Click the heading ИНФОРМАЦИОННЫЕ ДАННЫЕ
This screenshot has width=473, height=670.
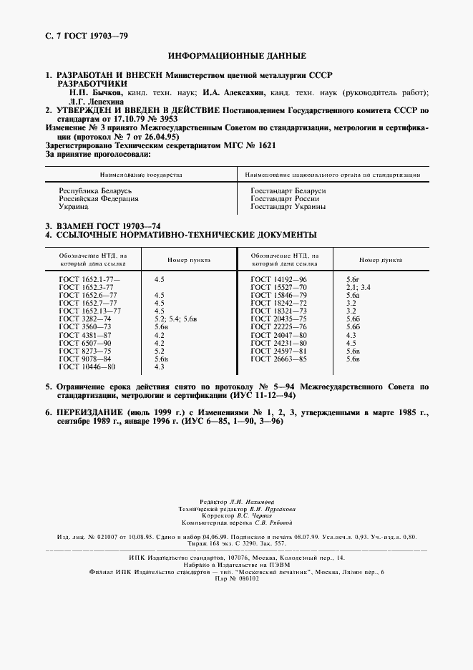236,55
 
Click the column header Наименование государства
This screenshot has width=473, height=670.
141,174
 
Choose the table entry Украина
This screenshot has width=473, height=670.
74,206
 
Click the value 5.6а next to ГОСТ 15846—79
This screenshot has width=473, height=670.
353,295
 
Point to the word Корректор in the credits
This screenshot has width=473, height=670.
215,515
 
